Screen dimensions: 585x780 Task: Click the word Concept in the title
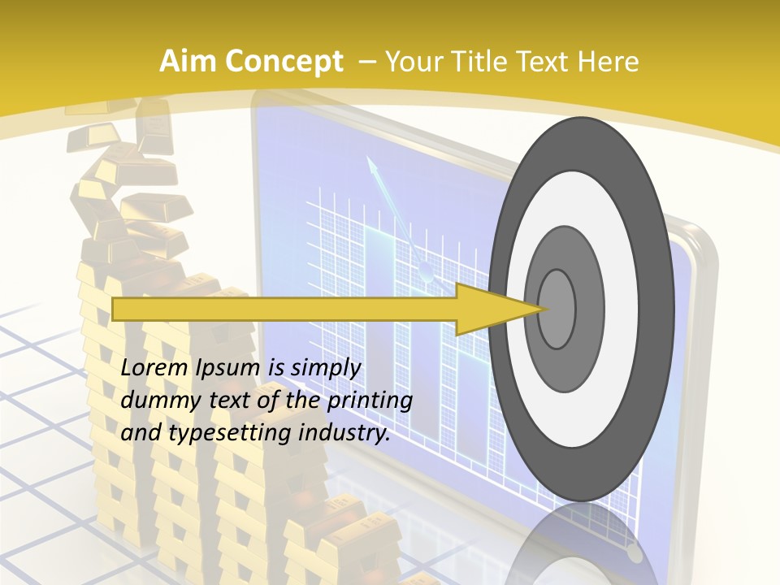pos(284,62)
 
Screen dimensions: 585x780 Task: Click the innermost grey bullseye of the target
pos(557,309)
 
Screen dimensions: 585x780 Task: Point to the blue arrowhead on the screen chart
pos(372,166)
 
